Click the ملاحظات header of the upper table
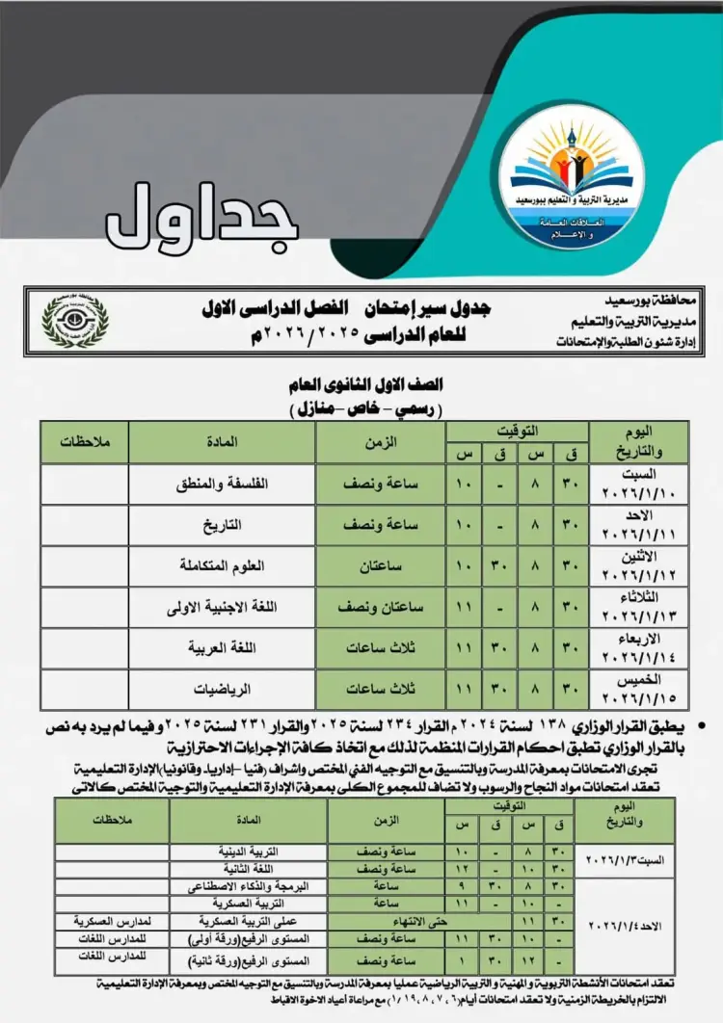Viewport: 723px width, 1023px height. (84, 442)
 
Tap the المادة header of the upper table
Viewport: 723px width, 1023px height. (222, 442)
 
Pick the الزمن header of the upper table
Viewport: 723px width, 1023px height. (380, 442)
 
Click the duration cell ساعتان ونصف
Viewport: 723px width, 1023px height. (380, 608)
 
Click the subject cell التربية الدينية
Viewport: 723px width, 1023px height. (249, 852)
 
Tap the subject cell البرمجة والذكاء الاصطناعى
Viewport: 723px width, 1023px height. (249, 885)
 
